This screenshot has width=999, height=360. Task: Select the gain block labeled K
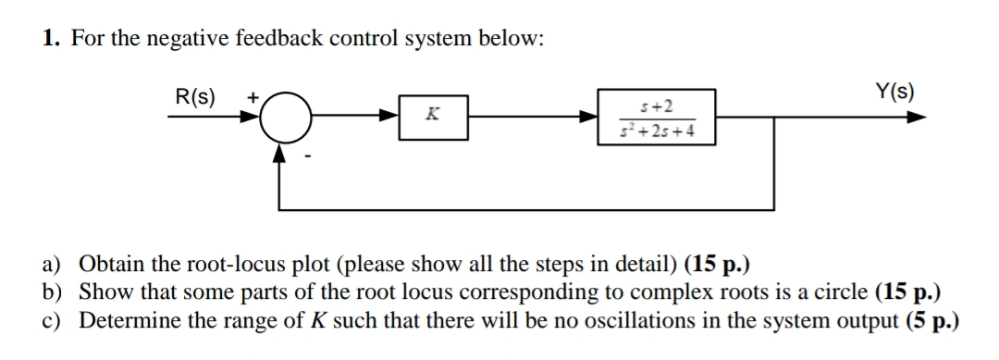tap(431, 118)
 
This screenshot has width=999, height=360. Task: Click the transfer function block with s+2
tap(657, 118)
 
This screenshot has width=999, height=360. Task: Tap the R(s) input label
tap(195, 95)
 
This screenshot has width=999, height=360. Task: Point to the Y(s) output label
tap(895, 93)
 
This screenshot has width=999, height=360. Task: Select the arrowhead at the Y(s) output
tap(915, 118)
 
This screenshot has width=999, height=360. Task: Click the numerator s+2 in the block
tap(657, 107)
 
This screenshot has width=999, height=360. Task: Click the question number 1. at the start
tap(50, 39)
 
